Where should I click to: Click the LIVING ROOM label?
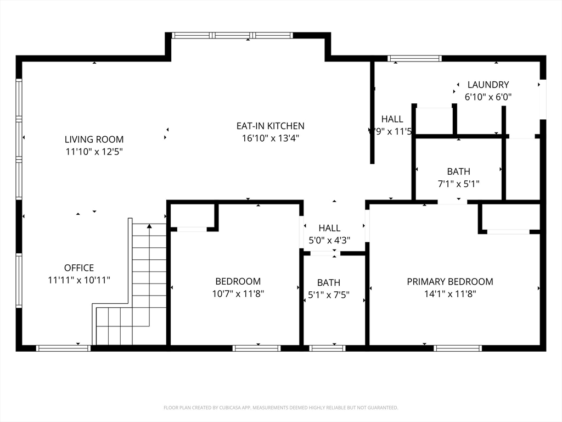[94, 140]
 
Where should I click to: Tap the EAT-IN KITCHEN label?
[270, 126]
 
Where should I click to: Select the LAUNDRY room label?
[488, 85]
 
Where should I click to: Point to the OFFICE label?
[79, 268]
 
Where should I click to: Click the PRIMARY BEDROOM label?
[449, 282]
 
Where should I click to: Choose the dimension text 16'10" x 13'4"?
[270, 138]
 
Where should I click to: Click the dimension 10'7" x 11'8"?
[238, 294]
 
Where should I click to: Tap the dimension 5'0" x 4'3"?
[329, 240]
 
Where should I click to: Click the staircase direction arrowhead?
[149, 226]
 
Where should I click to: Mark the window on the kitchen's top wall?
[232, 36]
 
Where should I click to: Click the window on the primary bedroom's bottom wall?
[457, 348]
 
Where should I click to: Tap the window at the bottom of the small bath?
[327, 348]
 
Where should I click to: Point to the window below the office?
[63, 348]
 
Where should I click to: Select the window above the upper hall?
[414, 58]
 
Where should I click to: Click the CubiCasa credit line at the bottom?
[280, 408]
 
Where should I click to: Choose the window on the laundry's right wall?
[543, 99]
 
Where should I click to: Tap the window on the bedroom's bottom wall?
[256, 348]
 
